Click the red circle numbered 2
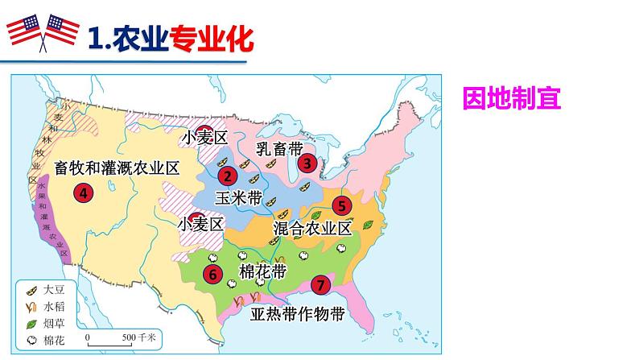pyautogui.click(x=228, y=176)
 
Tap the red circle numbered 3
pyautogui.click(x=307, y=163)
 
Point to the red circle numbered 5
pyautogui.click(x=341, y=205)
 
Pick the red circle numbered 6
pyautogui.click(x=213, y=274)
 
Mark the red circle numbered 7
pyautogui.click(x=320, y=284)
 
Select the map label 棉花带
pyautogui.click(x=264, y=267)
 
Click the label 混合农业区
pyautogui.click(x=313, y=228)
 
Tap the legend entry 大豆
pyautogui.click(x=52, y=288)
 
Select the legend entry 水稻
pyautogui.click(x=52, y=305)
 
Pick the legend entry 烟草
pyautogui.click(x=52, y=322)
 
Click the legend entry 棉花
pyautogui.click(x=52, y=339)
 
